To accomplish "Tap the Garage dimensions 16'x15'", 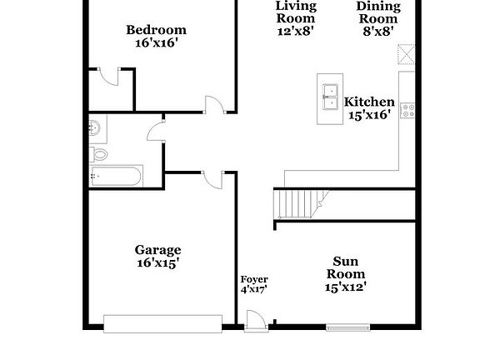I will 157,263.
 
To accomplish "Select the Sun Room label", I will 345,266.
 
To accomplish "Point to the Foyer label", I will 253,279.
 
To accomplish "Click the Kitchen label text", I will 369,102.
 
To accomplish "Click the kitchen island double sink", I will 330,97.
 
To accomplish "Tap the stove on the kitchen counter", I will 408,110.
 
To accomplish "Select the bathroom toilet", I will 98,153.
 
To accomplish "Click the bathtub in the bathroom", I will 117,177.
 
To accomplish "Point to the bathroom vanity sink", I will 94,127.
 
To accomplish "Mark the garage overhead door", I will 162,322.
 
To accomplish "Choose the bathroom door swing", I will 155,132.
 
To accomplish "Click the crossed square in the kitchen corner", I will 406,55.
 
